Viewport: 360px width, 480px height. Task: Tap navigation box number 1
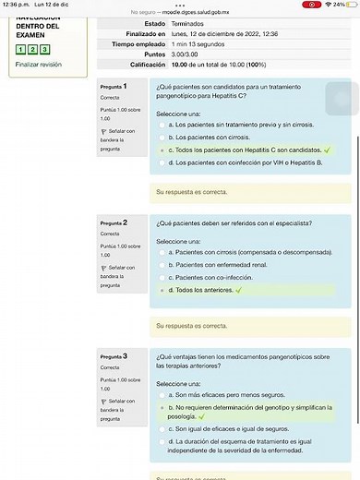pos(21,49)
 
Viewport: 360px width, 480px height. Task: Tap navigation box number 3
pos(45,49)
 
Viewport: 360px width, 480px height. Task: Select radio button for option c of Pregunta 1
pos(163,149)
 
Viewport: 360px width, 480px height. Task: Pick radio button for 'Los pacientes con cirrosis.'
pos(163,137)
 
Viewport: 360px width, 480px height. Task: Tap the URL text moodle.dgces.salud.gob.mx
pos(199,12)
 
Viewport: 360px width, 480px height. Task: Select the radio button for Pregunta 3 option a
pos(163,394)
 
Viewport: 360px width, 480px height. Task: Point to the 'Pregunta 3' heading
pos(114,356)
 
